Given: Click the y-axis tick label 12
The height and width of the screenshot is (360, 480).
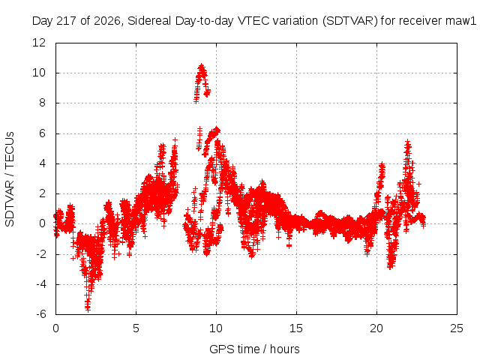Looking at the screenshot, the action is (x=39, y=43).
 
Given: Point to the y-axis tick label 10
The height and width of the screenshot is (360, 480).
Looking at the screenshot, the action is (x=39, y=73).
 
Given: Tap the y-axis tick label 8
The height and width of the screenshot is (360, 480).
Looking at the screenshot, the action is (x=42, y=103).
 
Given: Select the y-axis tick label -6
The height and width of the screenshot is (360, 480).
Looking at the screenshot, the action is (x=41, y=314).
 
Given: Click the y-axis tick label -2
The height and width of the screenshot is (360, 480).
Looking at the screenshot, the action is (x=41, y=254).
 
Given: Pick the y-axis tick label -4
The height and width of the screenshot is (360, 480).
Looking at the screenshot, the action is (x=41, y=284).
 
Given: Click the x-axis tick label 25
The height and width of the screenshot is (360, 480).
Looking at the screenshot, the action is (x=457, y=328).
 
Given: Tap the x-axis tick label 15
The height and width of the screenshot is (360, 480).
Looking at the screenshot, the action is (x=296, y=328).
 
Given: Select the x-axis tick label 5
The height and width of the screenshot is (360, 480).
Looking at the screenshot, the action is (x=136, y=328).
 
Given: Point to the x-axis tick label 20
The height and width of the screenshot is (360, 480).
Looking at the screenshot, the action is (x=376, y=328).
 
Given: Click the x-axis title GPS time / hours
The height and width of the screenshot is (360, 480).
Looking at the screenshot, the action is (x=254, y=349).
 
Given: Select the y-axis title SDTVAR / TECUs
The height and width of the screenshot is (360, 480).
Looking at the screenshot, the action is (x=10, y=179).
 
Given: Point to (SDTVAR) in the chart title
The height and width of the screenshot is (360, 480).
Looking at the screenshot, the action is (x=349, y=21).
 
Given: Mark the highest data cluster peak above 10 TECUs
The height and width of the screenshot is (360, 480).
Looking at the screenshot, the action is (x=202, y=66).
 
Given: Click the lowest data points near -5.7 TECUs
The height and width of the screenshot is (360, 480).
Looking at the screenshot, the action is (x=88, y=308).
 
